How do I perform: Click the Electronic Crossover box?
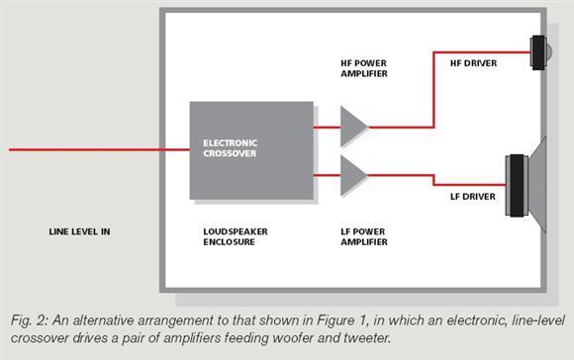251,150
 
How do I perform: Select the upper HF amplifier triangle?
351,127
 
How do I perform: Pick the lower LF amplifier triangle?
351,175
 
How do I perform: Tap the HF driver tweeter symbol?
540,52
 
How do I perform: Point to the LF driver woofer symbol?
526,185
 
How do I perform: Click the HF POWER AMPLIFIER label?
364,68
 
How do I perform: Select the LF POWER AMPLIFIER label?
364,236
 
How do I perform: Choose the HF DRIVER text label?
473,63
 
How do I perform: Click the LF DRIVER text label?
473,197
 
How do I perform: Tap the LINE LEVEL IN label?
79,231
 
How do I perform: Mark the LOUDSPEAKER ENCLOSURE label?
236,236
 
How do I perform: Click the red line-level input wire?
99,149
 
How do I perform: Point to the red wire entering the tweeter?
433,89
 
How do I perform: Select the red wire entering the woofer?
433,180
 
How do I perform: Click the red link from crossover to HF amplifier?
327,128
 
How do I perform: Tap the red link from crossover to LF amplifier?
327,176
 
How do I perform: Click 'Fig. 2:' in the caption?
30,320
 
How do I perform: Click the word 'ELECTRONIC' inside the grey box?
231,143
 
